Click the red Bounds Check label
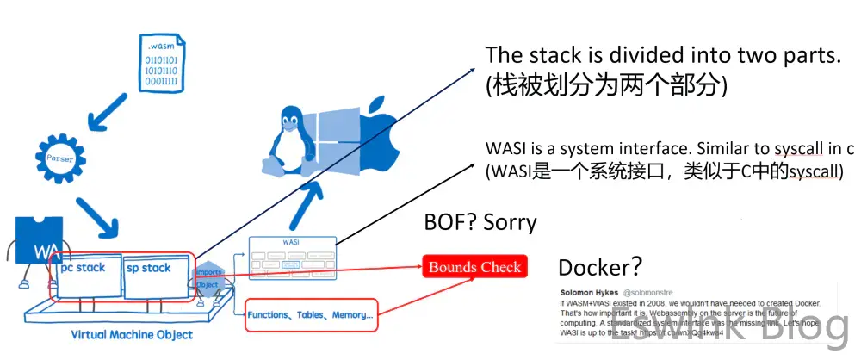pyautogui.click(x=475, y=267)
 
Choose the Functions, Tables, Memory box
pyautogui.click(x=311, y=315)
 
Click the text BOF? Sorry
pyautogui.click(x=480, y=223)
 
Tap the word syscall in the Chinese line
pyautogui.click(x=814, y=171)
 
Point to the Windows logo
pyautogui.click(x=330, y=138)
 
